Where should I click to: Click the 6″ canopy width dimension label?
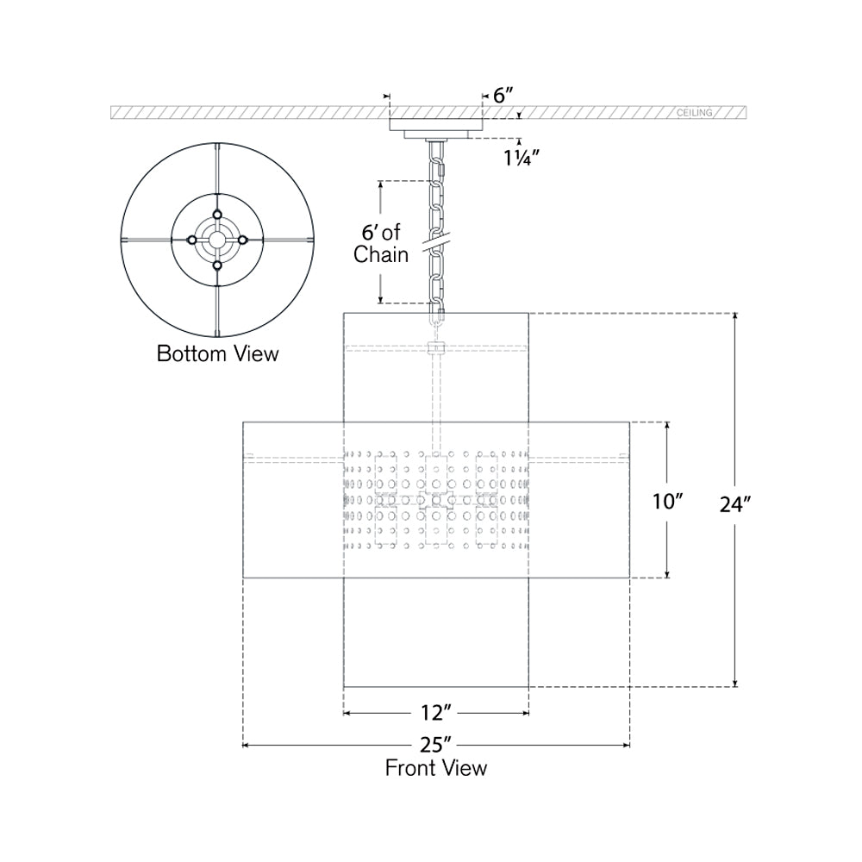[x=502, y=97]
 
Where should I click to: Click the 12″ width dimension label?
[x=436, y=713]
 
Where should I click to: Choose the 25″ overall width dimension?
[x=436, y=744]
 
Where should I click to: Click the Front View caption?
[x=436, y=767]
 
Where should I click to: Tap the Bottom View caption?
[x=218, y=353]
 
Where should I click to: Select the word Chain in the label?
[x=381, y=256]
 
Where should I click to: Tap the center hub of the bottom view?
[x=218, y=240]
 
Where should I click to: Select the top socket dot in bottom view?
[x=218, y=214]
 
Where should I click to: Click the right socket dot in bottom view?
[x=243, y=240]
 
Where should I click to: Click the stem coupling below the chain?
[x=436, y=348]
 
